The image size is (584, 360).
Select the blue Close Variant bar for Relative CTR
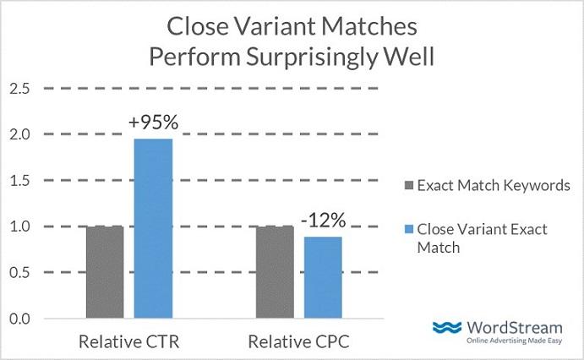(x=153, y=228)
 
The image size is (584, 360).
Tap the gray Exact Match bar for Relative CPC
(x=274, y=272)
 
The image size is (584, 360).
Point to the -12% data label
(x=325, y=221)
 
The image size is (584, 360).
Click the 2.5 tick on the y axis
(x=21, y=88)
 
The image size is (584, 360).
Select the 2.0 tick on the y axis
(x=21, y=134)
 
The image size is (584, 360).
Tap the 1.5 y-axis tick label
(x=21, y=181)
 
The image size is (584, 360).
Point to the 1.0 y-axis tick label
(x=21, y=226)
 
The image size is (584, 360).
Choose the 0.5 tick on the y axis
(x=21, y=273)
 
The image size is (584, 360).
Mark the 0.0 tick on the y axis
(x=21, y=319)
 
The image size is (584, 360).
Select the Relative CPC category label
(x=297, y=342)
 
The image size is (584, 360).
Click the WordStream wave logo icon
(x=448, y=328)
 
